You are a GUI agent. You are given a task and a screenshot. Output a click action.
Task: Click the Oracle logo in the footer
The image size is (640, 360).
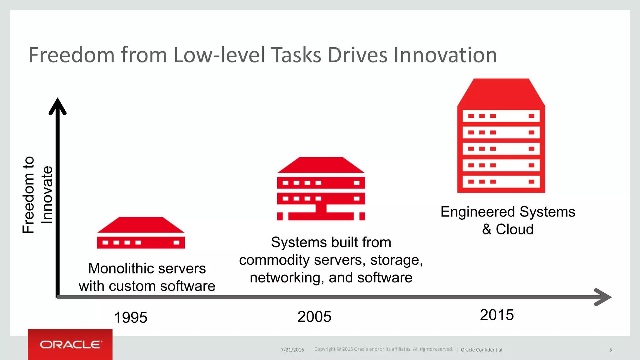pyautogui.click(x=70, y=344)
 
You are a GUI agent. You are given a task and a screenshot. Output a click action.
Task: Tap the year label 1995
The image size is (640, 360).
pyautogui.click(x=131, y=317)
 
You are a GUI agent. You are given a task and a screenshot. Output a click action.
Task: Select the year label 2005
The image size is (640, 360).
pyautogui.click(x=314, y=317)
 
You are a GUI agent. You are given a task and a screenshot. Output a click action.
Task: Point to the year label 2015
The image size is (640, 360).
pyautogui.click(x=497, y=315)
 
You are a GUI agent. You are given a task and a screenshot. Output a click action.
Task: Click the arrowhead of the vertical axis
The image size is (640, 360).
pyautogui.click(x=57, y=106)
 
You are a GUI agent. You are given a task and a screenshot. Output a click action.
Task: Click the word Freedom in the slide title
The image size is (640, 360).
pyautogui.click(x=72, y=55)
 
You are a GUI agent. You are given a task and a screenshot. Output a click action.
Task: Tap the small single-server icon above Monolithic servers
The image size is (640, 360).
pyautogui.click(x=141, y=233)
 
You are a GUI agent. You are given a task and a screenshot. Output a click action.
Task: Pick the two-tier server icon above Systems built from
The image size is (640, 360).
pyautogui.click(x=321, y=189)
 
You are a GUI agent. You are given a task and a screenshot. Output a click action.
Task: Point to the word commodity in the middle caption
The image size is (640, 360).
pyautogui.click(x=274, y=260)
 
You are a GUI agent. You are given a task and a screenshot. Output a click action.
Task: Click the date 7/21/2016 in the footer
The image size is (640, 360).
pyautogui.click(x=292, y=350)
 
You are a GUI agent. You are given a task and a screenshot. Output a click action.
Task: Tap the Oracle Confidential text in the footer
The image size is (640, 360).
pyautogui.click(x=481, y=350)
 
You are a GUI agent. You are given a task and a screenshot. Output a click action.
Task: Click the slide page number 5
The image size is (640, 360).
pyautogui.click(x=610, y=350)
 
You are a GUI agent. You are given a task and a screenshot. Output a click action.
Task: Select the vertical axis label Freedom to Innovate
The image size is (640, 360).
pyautogui.click(x=37, y=195)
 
